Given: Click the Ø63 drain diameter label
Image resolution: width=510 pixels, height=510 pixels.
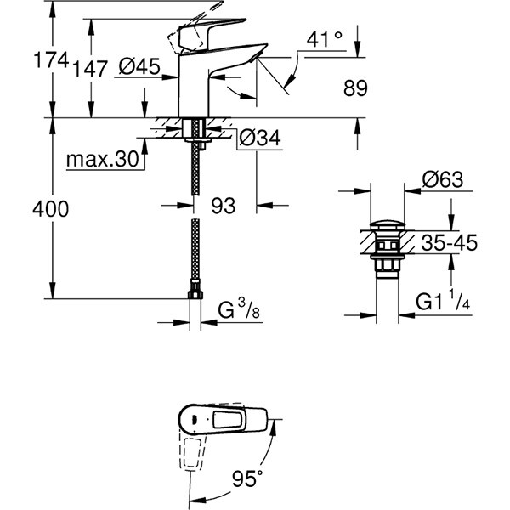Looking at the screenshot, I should [441, 179].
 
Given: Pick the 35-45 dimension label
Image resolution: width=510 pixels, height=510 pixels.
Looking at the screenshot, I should [449, 243].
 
